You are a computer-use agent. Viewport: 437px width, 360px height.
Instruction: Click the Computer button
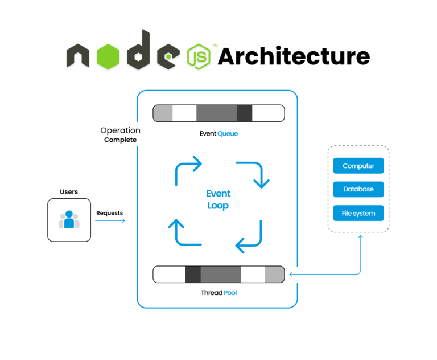tap(358, 166)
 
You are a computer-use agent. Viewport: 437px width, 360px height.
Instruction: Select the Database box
tap(358, 190)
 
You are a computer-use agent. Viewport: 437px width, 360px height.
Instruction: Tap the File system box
tap(358, 214)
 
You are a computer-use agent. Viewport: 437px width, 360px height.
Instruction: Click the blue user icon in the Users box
tap(69, 220)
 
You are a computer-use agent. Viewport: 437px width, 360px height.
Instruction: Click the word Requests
tap(109, 213)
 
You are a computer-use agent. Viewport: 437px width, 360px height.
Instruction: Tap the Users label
tap(69, 192)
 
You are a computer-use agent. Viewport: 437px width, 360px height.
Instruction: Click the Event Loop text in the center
tap(218, 199)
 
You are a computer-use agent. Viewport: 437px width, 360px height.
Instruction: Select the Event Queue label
tap(218, 134)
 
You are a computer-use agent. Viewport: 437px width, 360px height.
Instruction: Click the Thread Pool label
tap(218, 293)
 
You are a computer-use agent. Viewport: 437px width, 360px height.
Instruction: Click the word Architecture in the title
tap(294, 56)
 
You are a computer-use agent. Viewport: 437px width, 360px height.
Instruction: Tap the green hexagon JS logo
tap(199, 56)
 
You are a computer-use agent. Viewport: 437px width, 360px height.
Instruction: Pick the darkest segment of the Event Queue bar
tap(244, 113)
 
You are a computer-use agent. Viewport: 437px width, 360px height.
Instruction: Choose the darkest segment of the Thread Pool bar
tap(193, 275)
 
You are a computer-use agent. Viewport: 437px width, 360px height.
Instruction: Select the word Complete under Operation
tap(120, 140)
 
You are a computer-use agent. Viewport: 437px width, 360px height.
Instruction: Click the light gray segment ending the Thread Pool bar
tap(274, 275)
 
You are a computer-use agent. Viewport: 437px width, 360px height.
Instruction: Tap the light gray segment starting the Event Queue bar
tap(163, 113)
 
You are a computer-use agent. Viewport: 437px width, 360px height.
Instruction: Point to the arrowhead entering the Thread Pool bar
tap(292, 275)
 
